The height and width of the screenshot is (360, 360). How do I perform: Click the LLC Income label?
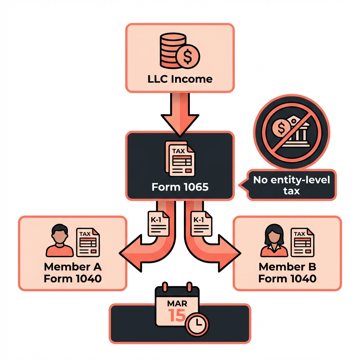click(180, 78)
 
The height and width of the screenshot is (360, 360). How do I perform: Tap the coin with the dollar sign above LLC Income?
click(188, 56)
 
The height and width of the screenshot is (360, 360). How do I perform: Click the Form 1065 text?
click(180, 187)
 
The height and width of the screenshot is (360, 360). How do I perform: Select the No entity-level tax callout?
click(291, 185)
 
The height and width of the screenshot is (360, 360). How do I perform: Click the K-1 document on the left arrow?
click(158, 225)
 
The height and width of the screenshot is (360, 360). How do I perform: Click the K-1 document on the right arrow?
click(201, 225)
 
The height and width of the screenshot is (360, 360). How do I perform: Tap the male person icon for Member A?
click(59, 241)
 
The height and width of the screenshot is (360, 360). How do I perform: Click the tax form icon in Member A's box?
click(88, 242)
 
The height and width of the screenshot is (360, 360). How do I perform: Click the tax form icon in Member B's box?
click(302, 242)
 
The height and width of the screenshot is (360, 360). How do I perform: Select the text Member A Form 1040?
click(72, 273)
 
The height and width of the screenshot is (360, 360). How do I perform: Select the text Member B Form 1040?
click(287, 273)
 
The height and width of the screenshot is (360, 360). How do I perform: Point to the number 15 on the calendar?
click(176, 315)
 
